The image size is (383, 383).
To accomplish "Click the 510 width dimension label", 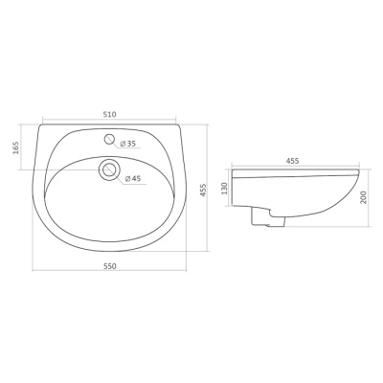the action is (x=109, y=114).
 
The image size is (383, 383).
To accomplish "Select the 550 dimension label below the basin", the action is (x=109, y=266).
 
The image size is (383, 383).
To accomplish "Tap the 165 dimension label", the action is (x=16, y=147).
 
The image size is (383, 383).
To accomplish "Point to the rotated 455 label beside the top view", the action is (x=204, y=191).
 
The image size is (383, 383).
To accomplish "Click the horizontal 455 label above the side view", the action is (x=292, y=161).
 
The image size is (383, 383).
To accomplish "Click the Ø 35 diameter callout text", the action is (x=128, y=144).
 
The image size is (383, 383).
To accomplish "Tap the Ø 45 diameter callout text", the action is (x=133, y=179).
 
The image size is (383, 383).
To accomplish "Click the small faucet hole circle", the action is (x=109, y=139).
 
